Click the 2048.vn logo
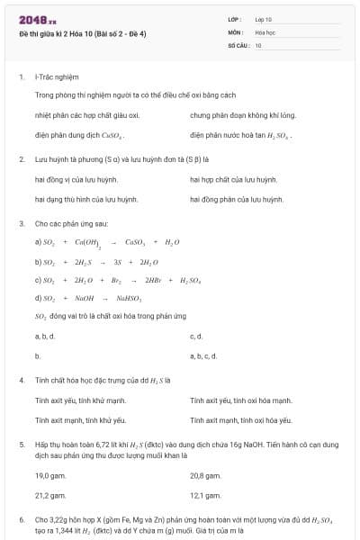pos(31,19)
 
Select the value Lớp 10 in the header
pos(264,19)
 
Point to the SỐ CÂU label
pos(237,43)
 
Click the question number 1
pos(21,77)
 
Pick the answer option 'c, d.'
pos(196,337)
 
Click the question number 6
pos(21,519)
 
